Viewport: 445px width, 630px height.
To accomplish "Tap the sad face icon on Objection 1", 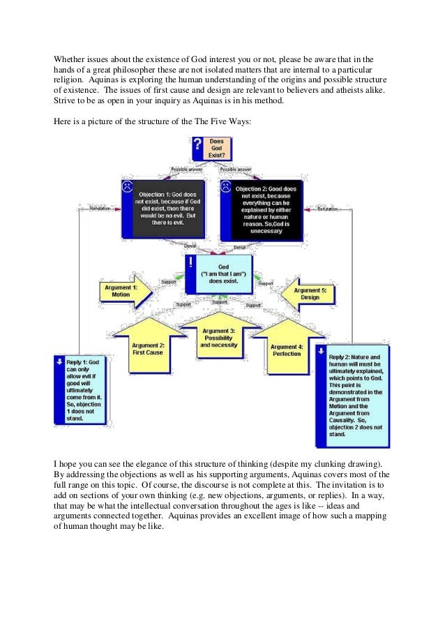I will [x=128, y=187].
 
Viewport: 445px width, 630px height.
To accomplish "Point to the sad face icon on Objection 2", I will [x=226, y=187].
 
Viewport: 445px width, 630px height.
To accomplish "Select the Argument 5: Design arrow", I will [x=308, y=292].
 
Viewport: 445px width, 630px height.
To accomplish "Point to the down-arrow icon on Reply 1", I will [x=60, y=363].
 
